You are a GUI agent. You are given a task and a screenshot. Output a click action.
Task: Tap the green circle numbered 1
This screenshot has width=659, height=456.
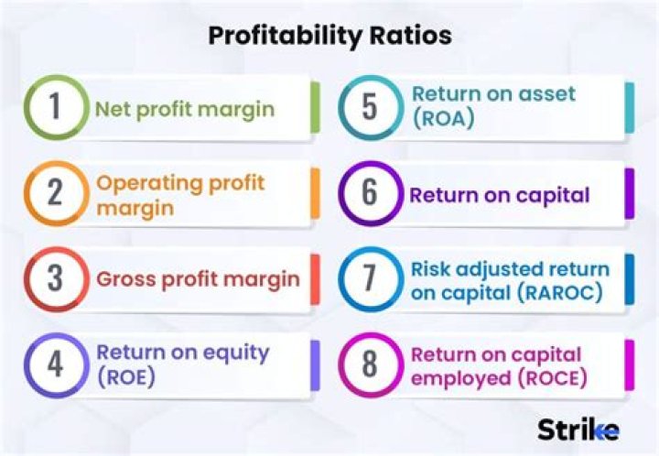coord(55,108)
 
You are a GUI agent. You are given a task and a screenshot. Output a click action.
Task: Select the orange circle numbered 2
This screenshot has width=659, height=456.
coord(55,193)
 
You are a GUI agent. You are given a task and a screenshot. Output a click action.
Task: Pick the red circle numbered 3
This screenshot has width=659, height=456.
coord(55,278)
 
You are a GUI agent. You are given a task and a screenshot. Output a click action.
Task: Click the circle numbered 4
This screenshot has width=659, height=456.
coord(55,364)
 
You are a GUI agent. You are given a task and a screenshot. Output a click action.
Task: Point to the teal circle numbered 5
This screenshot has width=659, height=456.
coord(369,108)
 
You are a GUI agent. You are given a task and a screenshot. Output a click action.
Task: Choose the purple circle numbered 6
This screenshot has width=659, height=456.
coord(369,193)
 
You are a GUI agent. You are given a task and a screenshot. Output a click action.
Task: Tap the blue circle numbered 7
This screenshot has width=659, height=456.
coord(369,278)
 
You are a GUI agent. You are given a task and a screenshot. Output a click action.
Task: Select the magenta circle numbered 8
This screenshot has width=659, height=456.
coord(369,364)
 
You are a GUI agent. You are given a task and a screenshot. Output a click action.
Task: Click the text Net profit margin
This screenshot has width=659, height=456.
coord(185,110)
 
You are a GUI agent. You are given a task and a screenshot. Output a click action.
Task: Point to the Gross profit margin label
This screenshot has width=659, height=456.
coord(199,279)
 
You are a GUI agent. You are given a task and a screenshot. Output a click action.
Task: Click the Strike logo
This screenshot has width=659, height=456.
coord(578,428)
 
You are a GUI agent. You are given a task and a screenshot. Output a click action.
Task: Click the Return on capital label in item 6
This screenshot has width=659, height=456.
coord(500,195)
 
